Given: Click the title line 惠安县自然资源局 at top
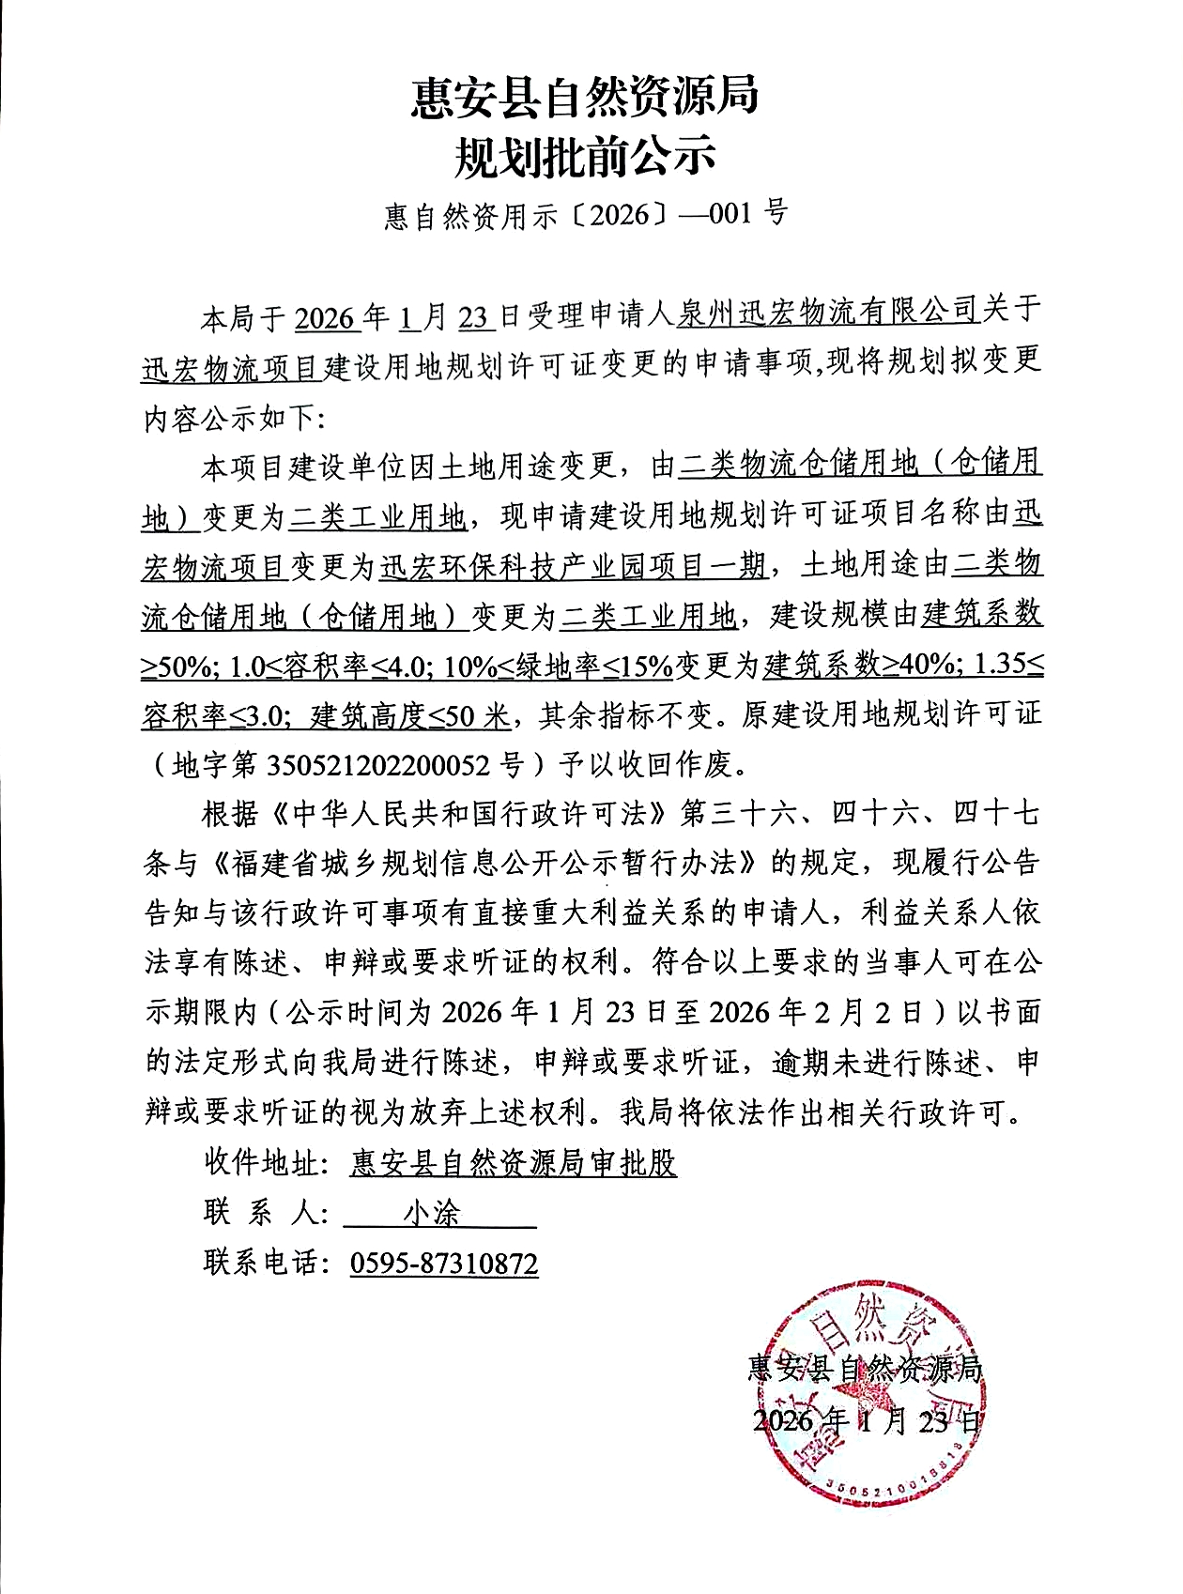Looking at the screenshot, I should [x=584, y=97].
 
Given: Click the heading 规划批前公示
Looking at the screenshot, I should [x=584, y=157].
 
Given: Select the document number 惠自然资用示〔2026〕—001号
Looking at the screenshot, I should [x=585, y=215].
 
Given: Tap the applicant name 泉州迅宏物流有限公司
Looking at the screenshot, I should [x=827, y=313].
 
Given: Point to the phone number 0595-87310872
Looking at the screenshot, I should [x=444, y=1263].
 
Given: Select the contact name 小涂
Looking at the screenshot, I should [x=432, y=1213].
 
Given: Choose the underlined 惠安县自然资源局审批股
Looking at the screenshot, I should [x=513, y=1163].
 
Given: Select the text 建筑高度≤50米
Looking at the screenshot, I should [x=410, y=716].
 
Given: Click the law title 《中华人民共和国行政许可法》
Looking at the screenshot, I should [x=469, y=813].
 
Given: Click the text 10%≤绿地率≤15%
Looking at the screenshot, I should [x=558, y=667].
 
